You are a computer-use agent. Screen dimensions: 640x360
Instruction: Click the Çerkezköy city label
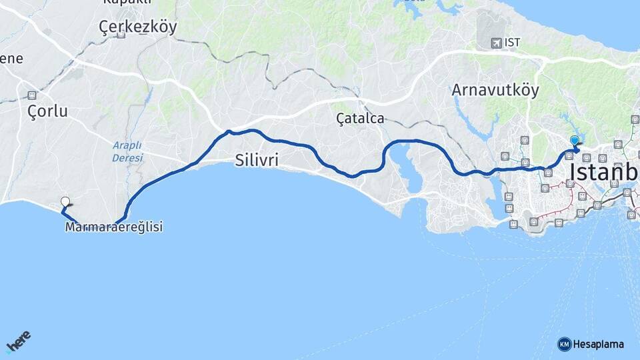pyautogui.click(x=137, y=27)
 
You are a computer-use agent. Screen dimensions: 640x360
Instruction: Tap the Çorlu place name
pyautogui.click(x=47, y=111)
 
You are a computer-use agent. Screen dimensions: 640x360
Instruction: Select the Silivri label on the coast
pyautogui.click(x=256, y=160)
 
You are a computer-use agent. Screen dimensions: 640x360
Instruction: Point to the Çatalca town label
pyautogui.click(x=360, y=119)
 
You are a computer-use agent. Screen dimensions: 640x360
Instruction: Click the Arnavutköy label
pyautogui.click(x=495, y=89)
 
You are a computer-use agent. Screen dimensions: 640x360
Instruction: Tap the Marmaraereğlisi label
pyautogui.click(x=114, y=227)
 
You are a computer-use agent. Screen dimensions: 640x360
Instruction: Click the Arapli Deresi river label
pyautogui.click(x=127, y=151)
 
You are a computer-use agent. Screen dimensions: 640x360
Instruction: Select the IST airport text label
pyautogui.click(x=513, y=43)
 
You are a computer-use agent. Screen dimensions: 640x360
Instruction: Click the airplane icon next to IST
pyautogui.click(x=495, y=43)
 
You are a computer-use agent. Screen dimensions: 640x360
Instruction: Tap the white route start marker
pyautogui.click(x=65, y=201)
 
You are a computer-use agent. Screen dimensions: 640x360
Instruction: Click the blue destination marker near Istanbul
pyautogui.click(x=574, y=141)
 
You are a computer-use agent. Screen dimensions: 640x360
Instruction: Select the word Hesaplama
pyautogui.click(x=598, y=345)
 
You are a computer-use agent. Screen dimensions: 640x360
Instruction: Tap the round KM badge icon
pyautogui.click(x=564, y=345)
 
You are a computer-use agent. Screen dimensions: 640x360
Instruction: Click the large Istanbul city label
pyautogui.click(x=603, y=172)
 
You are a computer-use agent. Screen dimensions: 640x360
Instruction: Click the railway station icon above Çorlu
pyautogui.click(x=31, y=95)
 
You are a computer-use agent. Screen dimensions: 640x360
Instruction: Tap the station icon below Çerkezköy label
pyautogui.click(x=121, y=34)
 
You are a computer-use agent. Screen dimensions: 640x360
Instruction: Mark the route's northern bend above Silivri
pyautogui.click(x=229, y=131)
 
